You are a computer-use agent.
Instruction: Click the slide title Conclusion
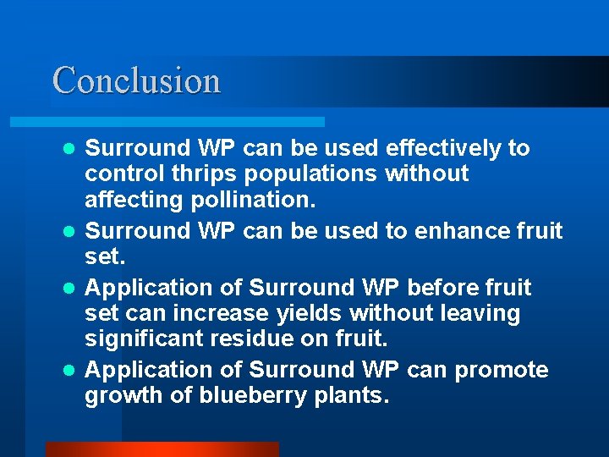click(136, 81)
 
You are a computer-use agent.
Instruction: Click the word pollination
click(255, 201)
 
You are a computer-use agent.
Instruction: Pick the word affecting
click(135, 201)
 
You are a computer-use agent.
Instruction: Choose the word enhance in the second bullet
click(455, 231)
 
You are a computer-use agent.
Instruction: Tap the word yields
click(308, 314)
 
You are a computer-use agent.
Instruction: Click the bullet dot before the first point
click(72, 149)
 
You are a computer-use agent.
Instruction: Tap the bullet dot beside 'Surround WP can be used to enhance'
click(72, 231)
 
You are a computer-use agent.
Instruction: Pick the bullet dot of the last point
click(72, 371)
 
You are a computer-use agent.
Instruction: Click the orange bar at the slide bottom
click(161, 449)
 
